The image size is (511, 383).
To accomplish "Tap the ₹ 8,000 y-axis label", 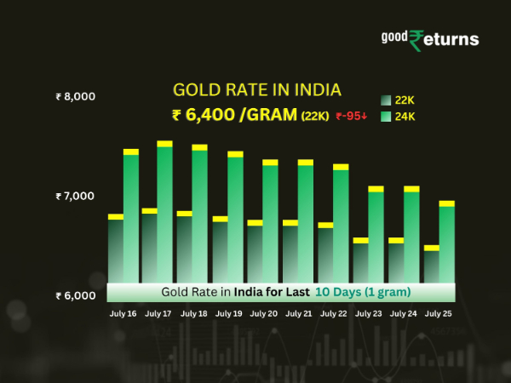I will [75, 96].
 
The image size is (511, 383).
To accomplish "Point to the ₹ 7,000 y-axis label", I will [75, 197].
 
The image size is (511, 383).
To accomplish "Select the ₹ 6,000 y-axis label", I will [75, 296].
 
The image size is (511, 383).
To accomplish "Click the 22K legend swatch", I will [386, 100].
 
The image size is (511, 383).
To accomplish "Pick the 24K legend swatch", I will [386, 116].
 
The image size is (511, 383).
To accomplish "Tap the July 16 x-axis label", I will [123, 313].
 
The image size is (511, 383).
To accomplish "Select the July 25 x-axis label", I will [439, 313].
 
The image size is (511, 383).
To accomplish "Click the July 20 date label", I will [263, 313].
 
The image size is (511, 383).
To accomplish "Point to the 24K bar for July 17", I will [165, 213].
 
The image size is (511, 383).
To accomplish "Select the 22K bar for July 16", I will [115, 251].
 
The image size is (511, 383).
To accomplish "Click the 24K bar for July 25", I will [446, 243].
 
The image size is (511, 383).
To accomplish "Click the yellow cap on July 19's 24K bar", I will [235, 154].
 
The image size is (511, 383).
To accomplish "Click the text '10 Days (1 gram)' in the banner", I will [363, 292].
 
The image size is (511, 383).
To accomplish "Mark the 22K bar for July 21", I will [290, 253].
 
